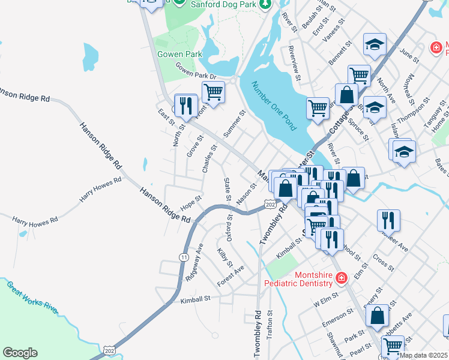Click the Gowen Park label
click(x=178, y=54)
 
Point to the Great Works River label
click(x=33, y=297)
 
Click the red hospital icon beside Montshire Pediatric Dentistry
click(x=341, y=278)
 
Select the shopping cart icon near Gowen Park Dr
click(x=213, y=92)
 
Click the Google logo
click(x=20, y=353)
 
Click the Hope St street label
click(x=190, y=203)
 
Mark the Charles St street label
click(x=209, y=159)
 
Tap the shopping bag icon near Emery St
click(x=377, y=316)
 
